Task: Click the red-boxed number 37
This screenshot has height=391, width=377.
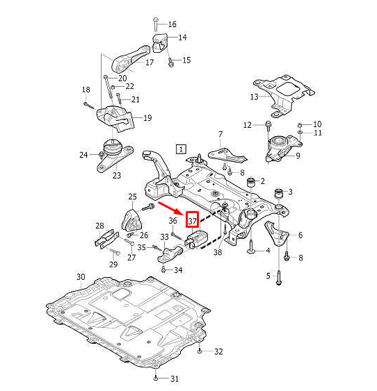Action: click(x=193, y=220)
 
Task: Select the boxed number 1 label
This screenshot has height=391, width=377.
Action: click(x=181, y=149)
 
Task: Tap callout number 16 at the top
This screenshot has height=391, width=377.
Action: click(x=172, y=24)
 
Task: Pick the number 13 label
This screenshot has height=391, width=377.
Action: click(x=255, y=96)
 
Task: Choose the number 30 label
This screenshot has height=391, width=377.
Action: click(x=81, y=278)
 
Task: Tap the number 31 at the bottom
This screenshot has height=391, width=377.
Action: click(x=174, y=378)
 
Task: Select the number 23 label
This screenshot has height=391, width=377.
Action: click(x=116, y=176)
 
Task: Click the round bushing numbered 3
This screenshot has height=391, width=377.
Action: click(x=280, y=192)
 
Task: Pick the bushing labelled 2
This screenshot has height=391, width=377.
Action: click(x=252, y=182)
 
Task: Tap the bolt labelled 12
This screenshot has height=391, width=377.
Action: click(x=267, y=126)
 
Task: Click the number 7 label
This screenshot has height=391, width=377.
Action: click(x=220, y=133)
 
